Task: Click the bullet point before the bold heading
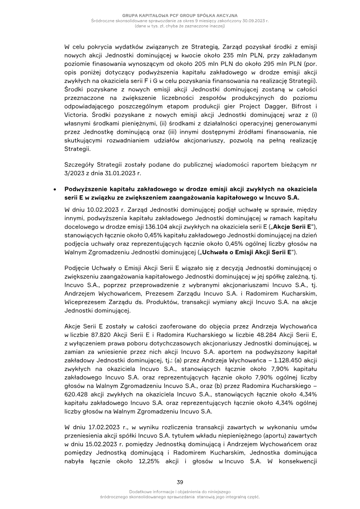(x=54, y=189)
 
